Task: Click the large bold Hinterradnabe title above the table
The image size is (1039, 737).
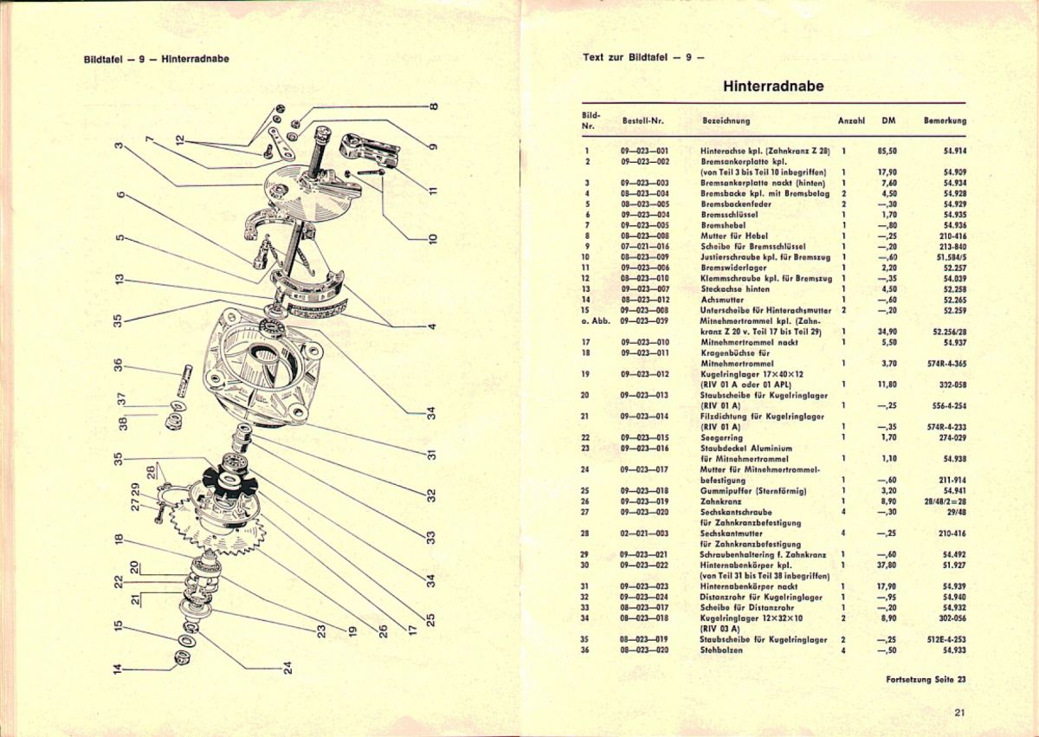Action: tap(772, 87)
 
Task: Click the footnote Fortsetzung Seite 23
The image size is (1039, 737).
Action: tap(926, 679)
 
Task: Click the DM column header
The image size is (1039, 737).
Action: tap(888, 121)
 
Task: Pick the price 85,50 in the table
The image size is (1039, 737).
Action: tap(887, 151)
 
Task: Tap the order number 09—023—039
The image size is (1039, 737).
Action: tap(645, 320)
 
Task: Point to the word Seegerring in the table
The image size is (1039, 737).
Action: tap(721, 437)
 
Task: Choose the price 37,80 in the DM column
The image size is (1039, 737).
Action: tap(887, 565)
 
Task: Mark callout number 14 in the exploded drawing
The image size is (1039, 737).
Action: tap(119, 666)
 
